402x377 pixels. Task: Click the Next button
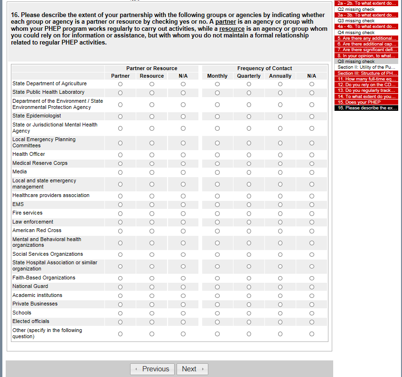[x=192, y=369]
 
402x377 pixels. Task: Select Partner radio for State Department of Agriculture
[x=120, y=84]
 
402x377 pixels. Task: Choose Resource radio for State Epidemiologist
[x=152, y=116]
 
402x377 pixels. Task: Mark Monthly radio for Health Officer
[x=217, y=154]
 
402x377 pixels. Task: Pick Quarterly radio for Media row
[x=249, y=172]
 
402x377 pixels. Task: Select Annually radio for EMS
[x=280, y=205]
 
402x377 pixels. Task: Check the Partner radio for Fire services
[x=120, y=213]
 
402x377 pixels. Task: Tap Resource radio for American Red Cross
[x=152, y=231]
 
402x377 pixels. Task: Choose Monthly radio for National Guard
[x=217, y=287]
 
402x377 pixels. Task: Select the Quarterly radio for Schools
[x=249, y=313]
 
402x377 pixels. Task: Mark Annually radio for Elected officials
[x=280, y=322]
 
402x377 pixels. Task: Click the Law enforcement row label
[x=33, y=222]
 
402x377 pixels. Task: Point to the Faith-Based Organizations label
[x=44, y=278]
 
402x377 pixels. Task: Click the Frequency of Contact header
[x=264, y=68]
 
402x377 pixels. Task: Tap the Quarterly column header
[x=249, y=76]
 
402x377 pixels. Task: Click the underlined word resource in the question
[x=232, y=29]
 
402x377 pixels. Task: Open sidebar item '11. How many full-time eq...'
[x=366, y=79]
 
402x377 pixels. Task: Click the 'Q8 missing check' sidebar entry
[x=356, y=62]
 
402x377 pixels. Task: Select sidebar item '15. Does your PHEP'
[x=359, y=102]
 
